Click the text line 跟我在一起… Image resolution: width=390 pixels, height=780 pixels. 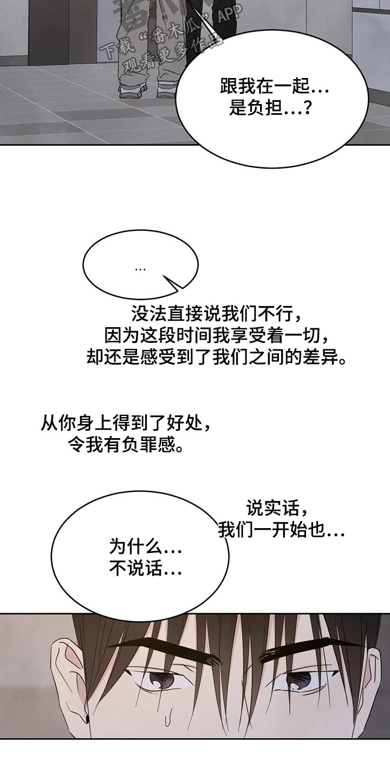point(275,86)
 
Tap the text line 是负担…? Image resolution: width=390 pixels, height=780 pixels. point(270,109)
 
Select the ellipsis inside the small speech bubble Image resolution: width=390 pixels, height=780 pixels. point(140,269)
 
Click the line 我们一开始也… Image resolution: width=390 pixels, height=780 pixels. point(281,531)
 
